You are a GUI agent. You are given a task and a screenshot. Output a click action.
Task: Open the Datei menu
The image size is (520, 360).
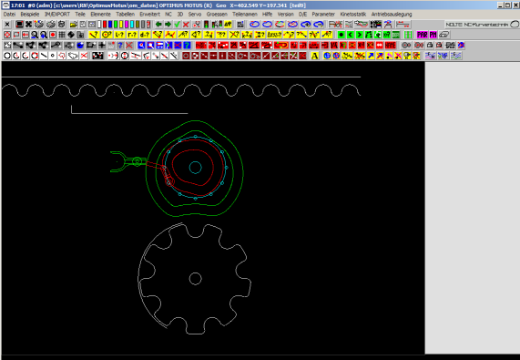click(9, 15)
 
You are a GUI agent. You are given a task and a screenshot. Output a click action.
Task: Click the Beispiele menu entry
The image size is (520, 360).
click(30, 15)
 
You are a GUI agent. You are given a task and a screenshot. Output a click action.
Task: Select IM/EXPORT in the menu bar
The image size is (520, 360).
click(57, 15)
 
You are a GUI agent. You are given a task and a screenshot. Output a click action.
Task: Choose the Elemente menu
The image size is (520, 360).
click(100, 15)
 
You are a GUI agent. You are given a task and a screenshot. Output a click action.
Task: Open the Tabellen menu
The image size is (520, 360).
click(125, 15)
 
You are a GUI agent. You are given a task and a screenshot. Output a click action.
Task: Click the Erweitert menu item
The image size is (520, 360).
click(150, 15)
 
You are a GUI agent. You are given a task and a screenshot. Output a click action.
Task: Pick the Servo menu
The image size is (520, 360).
click(195, 15)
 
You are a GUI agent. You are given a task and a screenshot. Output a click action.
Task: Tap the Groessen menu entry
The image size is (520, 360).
click(218, 15)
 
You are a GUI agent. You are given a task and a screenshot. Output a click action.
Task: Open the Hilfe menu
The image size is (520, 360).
click(267, 15)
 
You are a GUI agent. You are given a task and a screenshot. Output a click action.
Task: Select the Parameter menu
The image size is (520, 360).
click(323, 15)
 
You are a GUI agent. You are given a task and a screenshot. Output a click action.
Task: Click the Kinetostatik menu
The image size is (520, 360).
click(352, 15)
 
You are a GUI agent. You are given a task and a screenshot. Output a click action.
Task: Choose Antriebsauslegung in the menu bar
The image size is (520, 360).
click(391, 15)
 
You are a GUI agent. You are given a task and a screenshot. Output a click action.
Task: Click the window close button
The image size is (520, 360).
click(514, 5)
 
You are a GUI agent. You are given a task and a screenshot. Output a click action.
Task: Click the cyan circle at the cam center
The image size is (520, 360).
click(195, 167)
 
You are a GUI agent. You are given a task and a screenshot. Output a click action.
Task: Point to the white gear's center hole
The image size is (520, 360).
click(195, 278)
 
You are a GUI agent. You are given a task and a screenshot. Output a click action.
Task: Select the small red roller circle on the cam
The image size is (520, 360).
click(169, 181)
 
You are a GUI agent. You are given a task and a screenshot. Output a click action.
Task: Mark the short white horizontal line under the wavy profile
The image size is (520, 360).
click(128, 113)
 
